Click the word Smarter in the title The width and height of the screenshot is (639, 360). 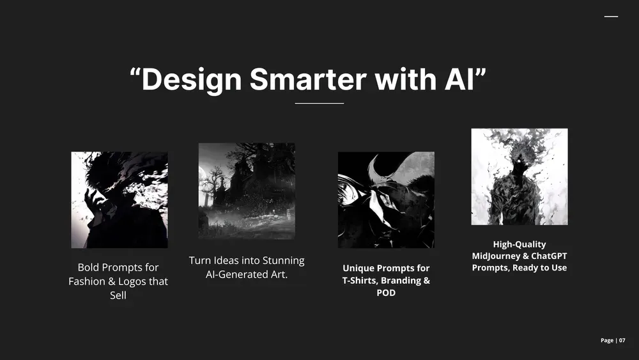coord(308,79)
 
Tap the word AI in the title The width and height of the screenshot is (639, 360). coord(459,79)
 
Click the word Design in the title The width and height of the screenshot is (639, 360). coord(192,81)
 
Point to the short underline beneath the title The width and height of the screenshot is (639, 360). coord(319,103)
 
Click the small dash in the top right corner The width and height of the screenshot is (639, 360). coord(611,17)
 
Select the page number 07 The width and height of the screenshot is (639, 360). coord(622,340)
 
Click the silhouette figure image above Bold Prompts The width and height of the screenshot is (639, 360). coord(119,200)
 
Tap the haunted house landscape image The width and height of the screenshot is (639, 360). coord(247,191)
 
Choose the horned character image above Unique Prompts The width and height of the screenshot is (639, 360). coord(386,200)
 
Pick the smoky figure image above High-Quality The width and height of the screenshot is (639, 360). coord(520,176)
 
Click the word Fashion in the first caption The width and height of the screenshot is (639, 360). coord(87,281)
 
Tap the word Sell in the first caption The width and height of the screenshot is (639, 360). coord(118,295)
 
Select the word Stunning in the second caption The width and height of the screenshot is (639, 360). coord(284,261)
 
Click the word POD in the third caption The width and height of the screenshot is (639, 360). coord(386,293)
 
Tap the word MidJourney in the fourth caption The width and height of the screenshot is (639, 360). coord(496,256)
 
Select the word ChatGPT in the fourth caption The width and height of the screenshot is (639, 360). coord(549,256)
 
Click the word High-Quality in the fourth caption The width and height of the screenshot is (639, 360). coord(520,245)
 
